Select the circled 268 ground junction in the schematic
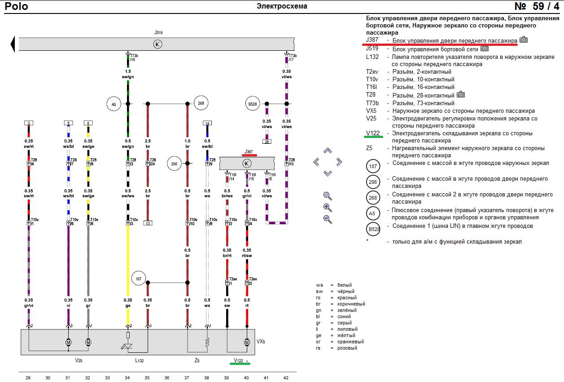(201, 103)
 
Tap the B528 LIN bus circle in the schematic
(253, 103)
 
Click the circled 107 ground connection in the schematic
(139, 279)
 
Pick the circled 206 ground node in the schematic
(174, 163)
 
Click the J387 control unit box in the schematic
(247, 163)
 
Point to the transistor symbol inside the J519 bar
(157, 44)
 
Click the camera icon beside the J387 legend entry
(524, 40)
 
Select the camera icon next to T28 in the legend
(461, 95)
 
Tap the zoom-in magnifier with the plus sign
(328, 208)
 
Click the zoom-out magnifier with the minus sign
(328, 219)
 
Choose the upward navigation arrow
(328, 151)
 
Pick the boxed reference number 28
(267, 142)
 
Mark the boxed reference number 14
(207, 123)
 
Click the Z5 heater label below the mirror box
(197, 360)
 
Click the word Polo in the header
(16, 6)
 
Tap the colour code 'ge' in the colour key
(319, 335)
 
